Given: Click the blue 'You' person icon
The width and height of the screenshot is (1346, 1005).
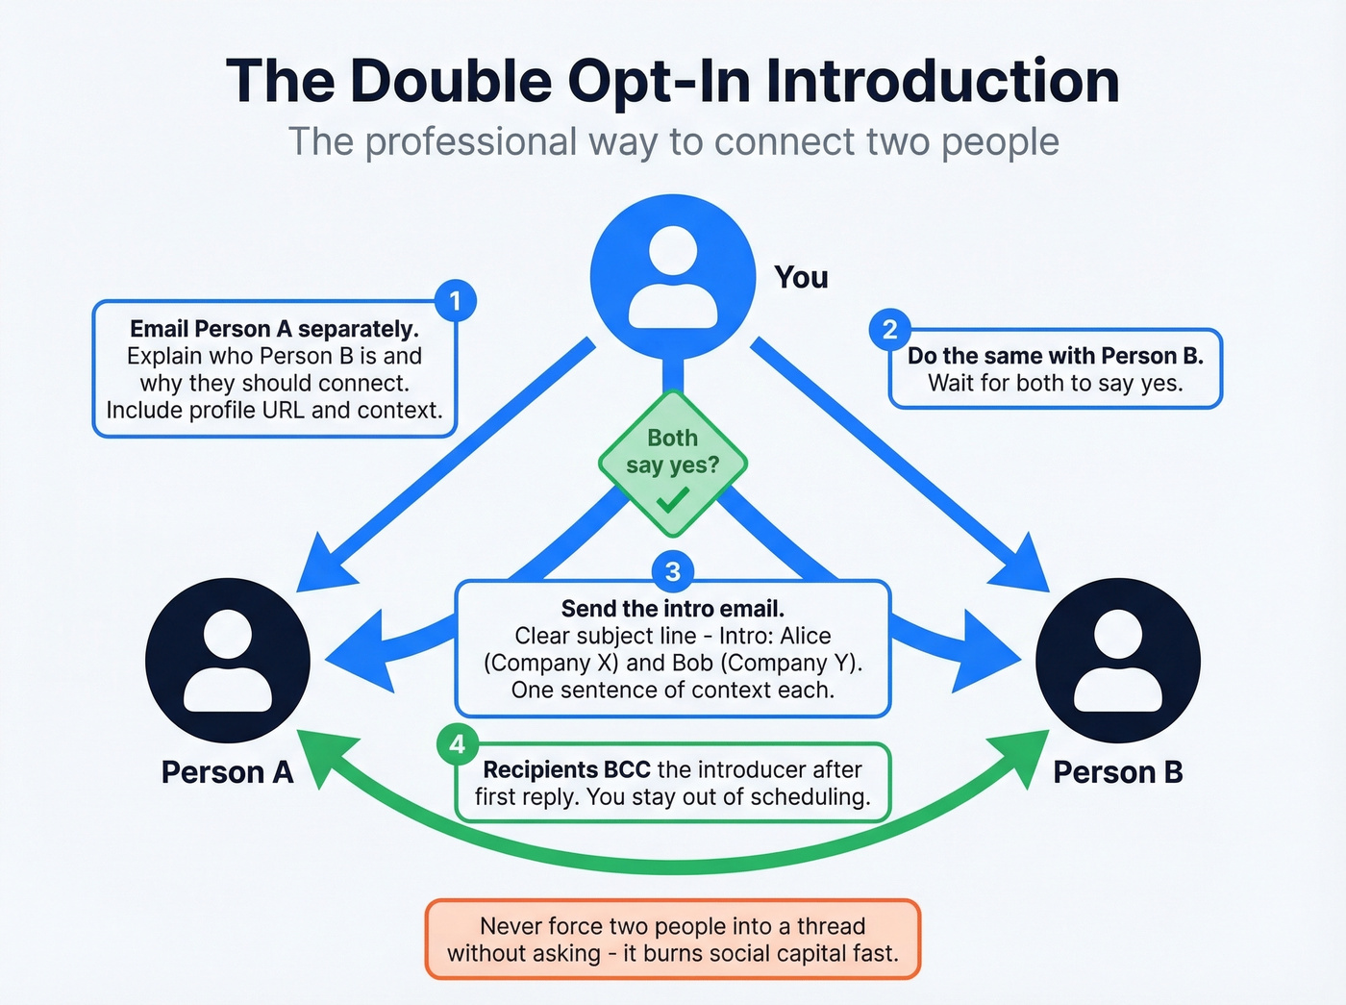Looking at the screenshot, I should click(x=673, y=277).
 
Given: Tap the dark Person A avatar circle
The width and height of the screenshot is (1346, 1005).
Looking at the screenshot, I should click(x=228, y=660).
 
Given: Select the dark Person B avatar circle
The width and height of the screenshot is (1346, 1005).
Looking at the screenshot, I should click(x=1117, y=660).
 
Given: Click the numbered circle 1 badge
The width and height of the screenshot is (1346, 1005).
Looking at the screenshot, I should click(x=455, y=301).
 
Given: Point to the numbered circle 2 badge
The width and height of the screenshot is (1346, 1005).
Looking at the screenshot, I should click(x=889, y=330).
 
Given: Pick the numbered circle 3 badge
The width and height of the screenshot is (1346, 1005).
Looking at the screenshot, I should click(x=672, y=571).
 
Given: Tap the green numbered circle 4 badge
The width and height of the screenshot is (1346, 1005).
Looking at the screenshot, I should click(x=457, y=743).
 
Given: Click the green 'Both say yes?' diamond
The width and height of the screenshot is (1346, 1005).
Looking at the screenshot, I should click(x=672, y=463).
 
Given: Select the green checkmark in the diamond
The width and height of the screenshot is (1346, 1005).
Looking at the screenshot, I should click(x=672, y=500).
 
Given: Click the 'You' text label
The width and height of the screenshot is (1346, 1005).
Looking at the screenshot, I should click(x=801, y=278).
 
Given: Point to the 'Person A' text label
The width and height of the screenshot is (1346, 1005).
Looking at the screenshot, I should click(x=227, y=772).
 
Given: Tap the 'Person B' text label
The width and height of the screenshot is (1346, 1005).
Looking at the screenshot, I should click(x=1118, y=772).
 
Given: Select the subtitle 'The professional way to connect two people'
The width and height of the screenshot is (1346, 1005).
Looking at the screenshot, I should click(x=673, y=141).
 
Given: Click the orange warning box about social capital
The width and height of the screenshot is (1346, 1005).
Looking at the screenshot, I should click(x=672, y=940).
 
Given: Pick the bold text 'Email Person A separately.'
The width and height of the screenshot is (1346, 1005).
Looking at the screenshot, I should click(x=274, y=329).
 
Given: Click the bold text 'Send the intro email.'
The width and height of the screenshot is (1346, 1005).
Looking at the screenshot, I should click(x=672, y=609).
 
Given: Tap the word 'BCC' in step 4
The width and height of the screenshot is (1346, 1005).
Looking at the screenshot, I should click(x=627, y=769).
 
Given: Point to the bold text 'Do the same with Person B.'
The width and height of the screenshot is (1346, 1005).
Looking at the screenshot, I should click(x=1055, y=356).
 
